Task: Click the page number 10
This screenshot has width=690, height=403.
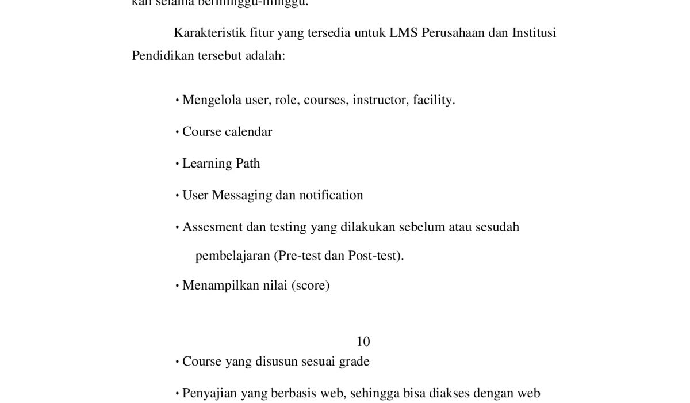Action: click(x=363, y=341)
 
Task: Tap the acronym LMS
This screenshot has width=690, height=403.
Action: click(x=403, y=33)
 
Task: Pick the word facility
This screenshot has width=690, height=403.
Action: click(x=434, y=100)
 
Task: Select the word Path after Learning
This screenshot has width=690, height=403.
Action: click(x=248, y=164)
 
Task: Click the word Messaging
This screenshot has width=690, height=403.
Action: click(x=241, y=195)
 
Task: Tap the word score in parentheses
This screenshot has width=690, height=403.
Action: click(x=310, y=286)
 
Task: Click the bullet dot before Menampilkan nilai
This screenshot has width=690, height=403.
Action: click(x=178, y=286)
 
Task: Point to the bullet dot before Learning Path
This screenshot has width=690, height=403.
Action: click(x=178, y=164)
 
